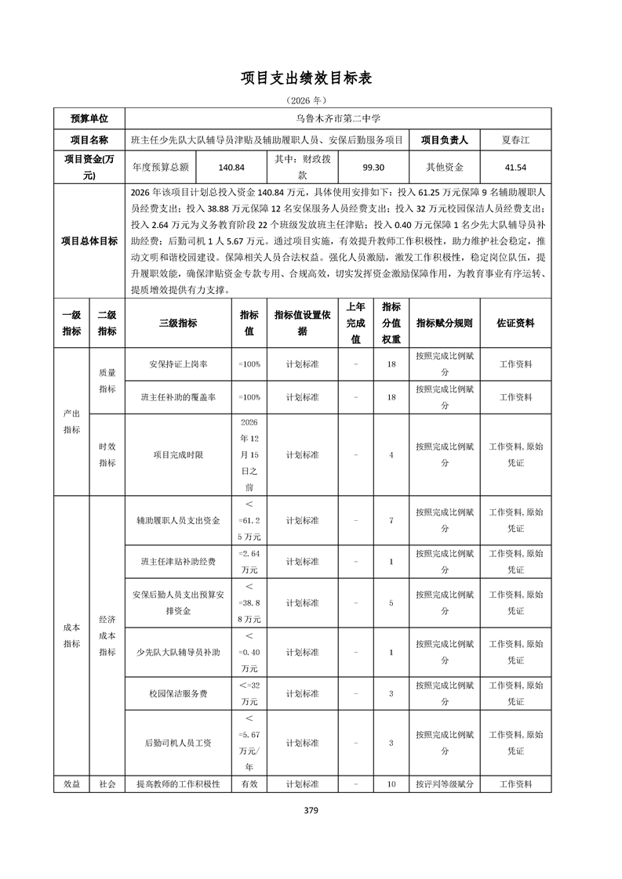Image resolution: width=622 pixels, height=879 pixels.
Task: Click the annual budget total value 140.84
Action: (232, 167)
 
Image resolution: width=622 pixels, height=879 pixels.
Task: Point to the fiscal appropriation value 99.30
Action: (373, 167)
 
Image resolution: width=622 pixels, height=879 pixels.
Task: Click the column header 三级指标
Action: (178, 323)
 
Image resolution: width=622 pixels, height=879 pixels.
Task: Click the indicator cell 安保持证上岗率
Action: (178, 364)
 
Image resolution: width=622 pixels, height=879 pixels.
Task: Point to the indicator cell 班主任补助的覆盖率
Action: (178, 397)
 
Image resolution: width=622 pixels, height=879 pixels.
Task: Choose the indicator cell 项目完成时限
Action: (178, 454)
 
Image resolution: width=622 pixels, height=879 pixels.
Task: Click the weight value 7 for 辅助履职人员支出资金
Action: (391, 520)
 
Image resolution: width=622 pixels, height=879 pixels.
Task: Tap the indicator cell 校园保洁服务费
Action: (178, 693)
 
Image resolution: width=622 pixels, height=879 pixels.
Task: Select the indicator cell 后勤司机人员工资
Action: (178, 743)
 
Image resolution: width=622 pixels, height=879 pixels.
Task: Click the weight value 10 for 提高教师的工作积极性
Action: (391, 783)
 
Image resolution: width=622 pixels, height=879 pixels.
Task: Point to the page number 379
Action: (311, 810)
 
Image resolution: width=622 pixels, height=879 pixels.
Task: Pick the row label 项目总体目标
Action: (90, 241)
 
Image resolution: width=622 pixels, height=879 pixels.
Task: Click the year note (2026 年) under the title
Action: (311, 100)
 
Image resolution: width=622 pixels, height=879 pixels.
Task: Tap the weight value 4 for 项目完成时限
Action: (391, 454)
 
